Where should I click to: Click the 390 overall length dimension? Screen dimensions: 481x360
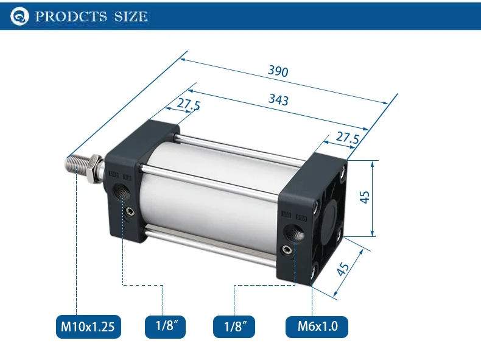(278, 71)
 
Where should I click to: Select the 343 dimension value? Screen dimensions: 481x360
(278, 100)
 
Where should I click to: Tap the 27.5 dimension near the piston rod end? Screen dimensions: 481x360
(189, 104)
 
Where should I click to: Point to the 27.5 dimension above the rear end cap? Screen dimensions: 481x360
(347, 137)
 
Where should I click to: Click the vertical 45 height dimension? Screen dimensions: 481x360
(365, 197)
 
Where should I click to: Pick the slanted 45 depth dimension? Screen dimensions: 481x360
(343, 269)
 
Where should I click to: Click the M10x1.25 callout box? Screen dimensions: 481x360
(88, 326)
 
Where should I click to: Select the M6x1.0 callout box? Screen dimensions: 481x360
(317, 326)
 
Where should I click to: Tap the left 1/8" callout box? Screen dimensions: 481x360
(166, 326)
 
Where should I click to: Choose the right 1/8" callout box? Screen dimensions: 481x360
(234, 326)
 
